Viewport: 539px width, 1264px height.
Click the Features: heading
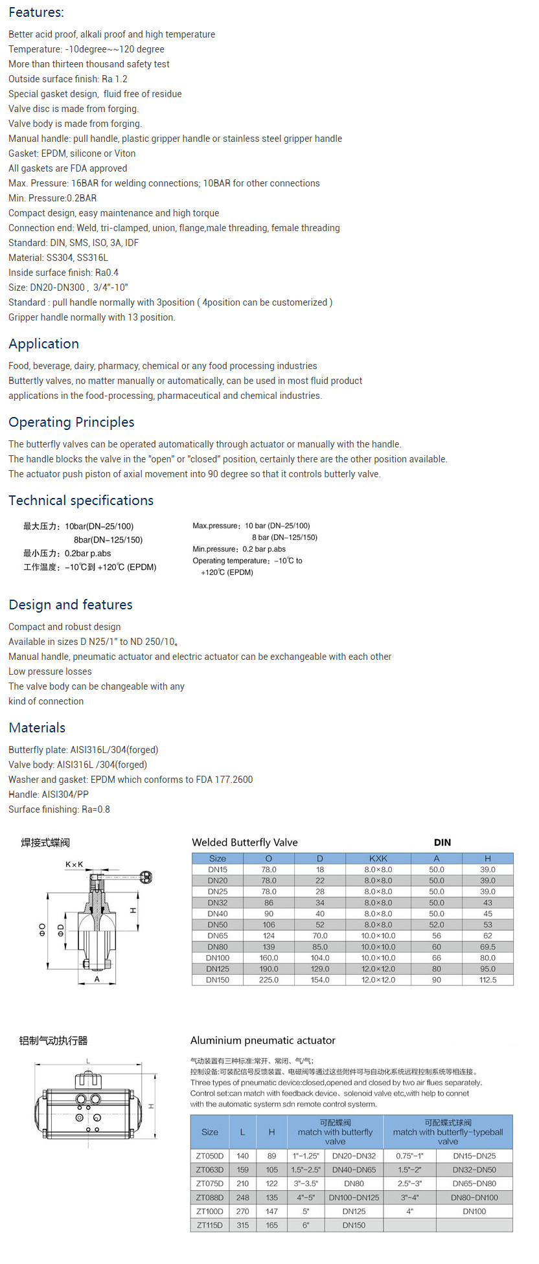tap(36, 12)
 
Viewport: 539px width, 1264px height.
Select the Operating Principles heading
tap(71, 422)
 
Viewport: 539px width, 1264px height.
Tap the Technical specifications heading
tap(81, 501)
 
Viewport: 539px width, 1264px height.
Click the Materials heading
tap(37, 728)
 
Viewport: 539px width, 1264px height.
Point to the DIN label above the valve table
tap(442, 842)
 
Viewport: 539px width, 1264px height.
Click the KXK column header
tap(378, 859)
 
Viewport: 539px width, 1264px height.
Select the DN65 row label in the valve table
tap(218, 936)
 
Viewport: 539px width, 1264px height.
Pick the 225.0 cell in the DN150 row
tap(269, 980)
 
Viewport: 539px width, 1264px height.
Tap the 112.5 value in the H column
tap(488, 980)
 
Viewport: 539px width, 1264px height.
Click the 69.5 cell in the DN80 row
tap(488, 947)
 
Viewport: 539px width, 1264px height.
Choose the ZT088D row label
tap(210, 1197)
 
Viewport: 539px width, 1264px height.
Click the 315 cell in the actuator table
tap(243, 1225)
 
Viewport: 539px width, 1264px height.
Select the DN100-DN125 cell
tap(354, 1197)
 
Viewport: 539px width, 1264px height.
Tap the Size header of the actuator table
tap(210, 1132)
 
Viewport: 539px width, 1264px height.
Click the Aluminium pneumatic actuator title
tap(263, 1041)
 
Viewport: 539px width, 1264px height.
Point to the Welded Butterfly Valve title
tap(245, 842)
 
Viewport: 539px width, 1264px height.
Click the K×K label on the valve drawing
tap(75, 864)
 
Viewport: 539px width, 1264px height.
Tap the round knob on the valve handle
tap(146, 877)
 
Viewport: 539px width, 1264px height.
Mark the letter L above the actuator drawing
tap(88, 1061)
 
